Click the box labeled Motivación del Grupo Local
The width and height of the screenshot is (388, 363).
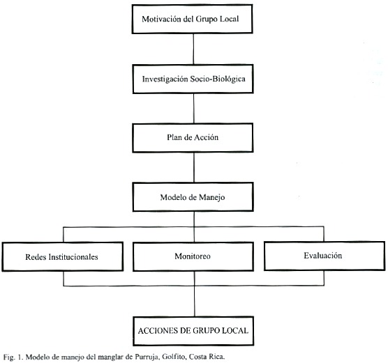(x=193, y=19)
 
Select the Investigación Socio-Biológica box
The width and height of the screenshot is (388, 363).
(x=193, y=79)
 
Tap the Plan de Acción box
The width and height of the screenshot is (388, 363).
(x=193, y=138)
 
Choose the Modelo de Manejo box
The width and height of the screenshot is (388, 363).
(x=193, y=197)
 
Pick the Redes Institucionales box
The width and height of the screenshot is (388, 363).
(x=63, y=256)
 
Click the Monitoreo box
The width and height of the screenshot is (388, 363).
(x=193, y=256)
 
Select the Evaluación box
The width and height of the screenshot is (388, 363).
(x=324, y=256)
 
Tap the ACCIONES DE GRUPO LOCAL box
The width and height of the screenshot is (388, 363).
(x=193, y=331)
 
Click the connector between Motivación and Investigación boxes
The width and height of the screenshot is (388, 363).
(x=193, y=49)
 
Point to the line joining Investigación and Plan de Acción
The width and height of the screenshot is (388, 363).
(x=194, y=109)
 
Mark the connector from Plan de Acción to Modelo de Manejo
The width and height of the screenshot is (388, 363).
(x=194, y=167)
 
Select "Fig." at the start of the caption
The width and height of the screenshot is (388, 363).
(x=8, y=357)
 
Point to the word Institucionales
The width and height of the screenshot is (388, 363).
(x=73, y=257)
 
